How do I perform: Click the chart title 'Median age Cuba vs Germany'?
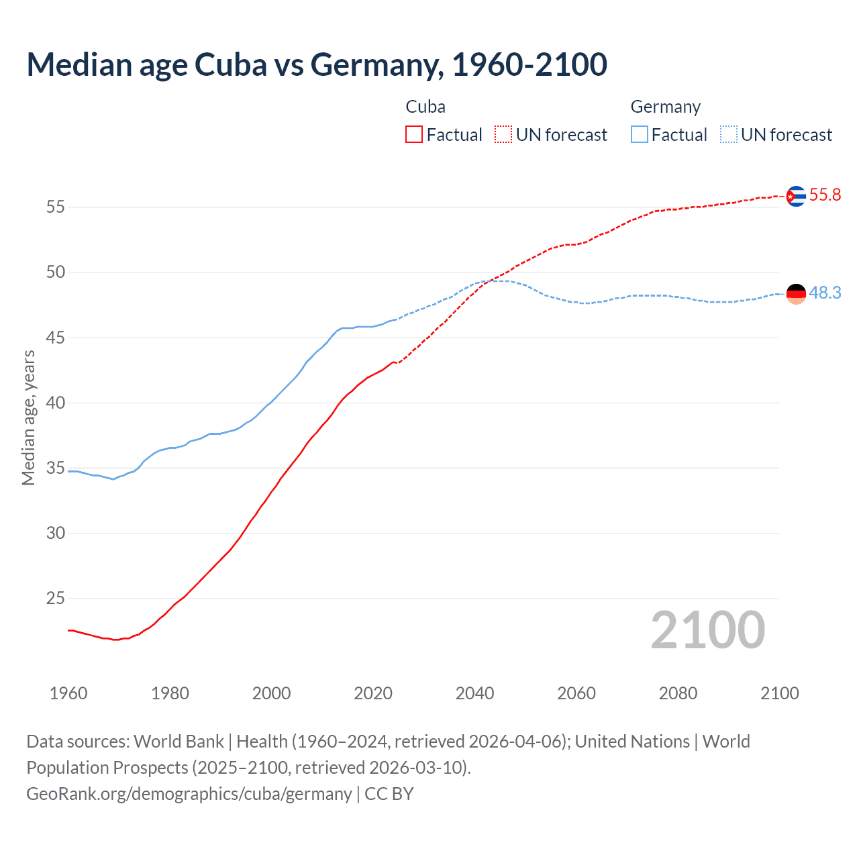pos(317,64)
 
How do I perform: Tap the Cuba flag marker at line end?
pos(795,196)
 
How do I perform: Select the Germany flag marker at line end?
pos(795,294)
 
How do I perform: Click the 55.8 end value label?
pos(825,195)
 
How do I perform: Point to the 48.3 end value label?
pos(825,293)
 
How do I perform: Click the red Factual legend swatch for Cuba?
pos(414,135)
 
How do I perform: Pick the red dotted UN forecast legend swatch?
pos(503,135)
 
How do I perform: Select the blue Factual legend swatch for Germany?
pos(640,135)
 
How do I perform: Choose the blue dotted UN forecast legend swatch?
pos(728,135)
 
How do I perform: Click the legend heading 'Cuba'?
pos(425,107)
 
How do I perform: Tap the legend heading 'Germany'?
pos(665,107)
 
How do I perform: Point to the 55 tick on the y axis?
pos(56,207)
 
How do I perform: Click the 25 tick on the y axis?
pos(56,598)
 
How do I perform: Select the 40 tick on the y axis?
pos(56,403)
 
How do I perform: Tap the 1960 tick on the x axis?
pos(68,693)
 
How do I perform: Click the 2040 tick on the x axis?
pos(474,693)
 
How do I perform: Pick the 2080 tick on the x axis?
pos(678,693)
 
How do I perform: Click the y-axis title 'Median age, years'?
pos(28,417)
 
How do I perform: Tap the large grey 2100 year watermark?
pos(707,630)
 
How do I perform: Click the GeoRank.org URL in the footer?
pos(189,794)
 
